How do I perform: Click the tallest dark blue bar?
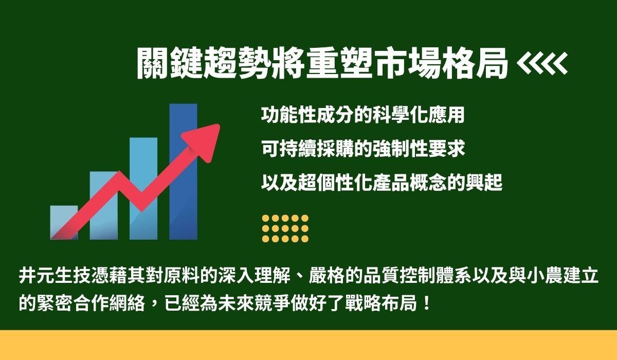(183, 172)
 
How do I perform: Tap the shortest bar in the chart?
(64, 223)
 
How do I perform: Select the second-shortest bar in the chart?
(103, 206)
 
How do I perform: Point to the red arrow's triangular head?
(203, 142)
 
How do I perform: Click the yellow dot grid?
(285, 228)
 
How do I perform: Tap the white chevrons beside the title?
(542, 63)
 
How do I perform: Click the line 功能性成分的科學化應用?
(363, 115)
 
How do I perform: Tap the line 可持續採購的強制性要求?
(363, 149)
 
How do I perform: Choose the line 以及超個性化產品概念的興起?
(382, 183)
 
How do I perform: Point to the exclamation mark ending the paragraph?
(427, 303)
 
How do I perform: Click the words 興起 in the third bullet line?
(484, 183)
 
